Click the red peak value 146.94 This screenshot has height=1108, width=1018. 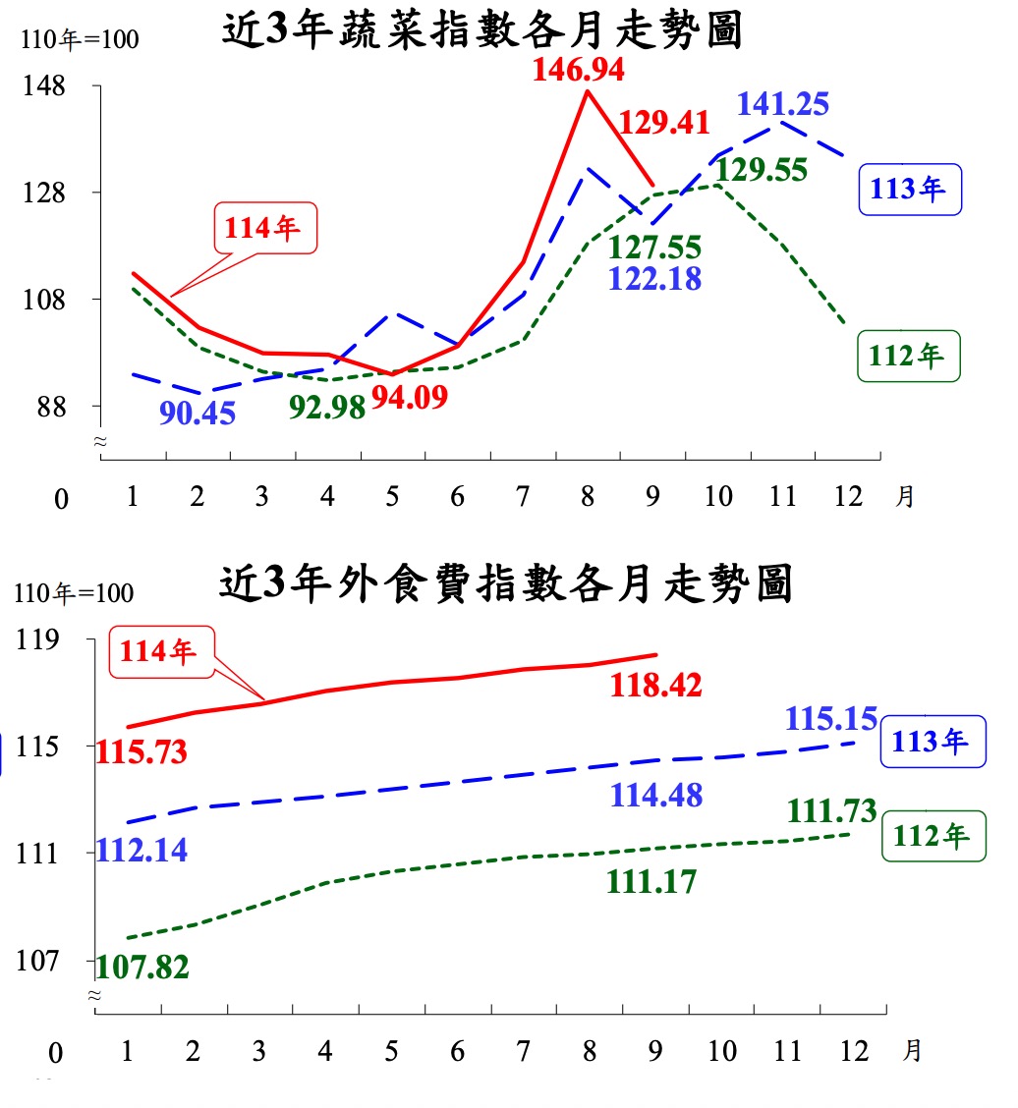579,70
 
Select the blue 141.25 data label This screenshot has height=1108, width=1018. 782,103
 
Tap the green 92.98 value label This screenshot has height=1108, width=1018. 327,406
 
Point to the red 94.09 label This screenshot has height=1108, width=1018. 410,398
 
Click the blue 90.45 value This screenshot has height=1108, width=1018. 198,413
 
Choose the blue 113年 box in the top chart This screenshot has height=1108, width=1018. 909,189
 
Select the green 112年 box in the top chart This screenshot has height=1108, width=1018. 908,356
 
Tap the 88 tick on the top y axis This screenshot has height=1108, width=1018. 49,406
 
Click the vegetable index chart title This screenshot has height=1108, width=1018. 481,30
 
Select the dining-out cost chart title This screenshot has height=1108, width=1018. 505,583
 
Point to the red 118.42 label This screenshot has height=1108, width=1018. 655,685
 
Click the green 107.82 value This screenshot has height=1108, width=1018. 142,967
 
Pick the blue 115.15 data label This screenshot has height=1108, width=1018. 830,718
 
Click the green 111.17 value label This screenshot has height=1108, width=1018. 651,881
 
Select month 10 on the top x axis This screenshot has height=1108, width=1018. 718,496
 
